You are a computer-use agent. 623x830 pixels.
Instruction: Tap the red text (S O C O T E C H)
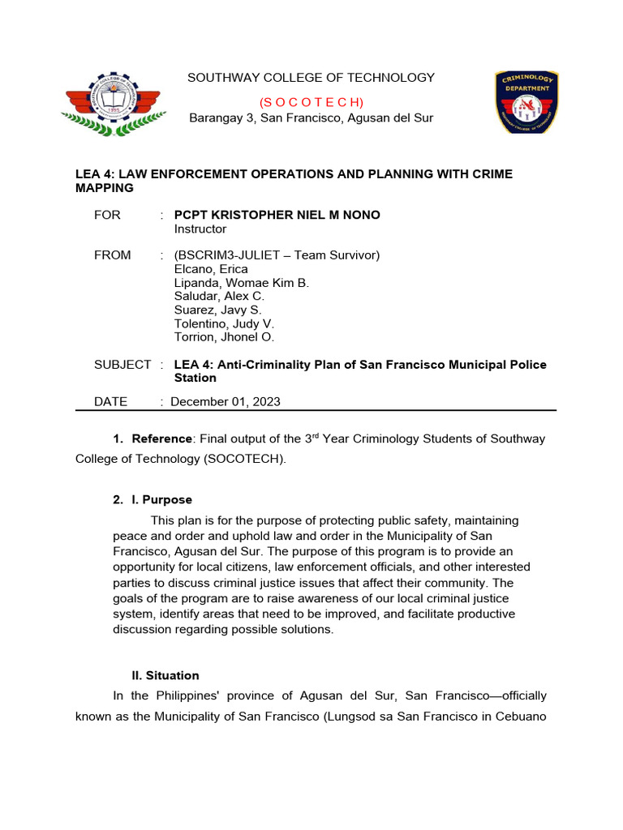point(311,102)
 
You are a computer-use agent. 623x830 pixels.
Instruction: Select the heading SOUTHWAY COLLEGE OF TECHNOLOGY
point(311,78)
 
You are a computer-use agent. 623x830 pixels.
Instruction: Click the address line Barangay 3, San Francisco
point(311,118)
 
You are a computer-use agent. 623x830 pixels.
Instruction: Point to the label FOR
point(107,215)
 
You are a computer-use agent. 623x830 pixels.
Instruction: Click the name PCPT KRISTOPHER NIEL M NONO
point(277,215)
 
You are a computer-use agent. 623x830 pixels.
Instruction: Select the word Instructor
point(200,229)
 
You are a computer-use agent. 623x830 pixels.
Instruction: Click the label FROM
point(112,255)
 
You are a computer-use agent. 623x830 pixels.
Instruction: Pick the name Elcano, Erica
point(211,269)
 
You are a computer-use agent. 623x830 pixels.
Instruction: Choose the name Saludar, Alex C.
point(219,297)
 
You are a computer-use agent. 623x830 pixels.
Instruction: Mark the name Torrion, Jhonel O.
point(226,338)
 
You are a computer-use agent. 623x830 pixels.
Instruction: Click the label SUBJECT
point(122,365)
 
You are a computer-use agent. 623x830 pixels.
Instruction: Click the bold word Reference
point(162,439)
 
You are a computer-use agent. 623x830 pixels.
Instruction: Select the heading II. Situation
point(165,676)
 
